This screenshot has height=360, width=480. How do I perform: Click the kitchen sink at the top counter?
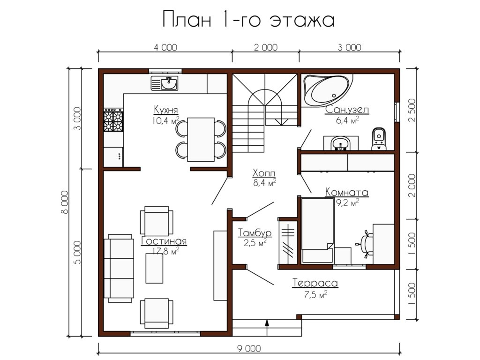click(x=165, y=83)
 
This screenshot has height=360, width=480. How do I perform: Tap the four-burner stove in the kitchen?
click(x=113, y=120)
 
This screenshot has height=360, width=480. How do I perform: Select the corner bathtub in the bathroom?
click(x=327, y=90)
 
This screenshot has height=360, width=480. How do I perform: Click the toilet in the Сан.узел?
click(x=379, y=139)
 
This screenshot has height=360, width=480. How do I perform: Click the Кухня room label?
click(x=165, y=110)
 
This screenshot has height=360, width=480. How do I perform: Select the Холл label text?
click(x=264, y=173)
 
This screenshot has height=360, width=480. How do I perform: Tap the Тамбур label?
click(x=255, y=233)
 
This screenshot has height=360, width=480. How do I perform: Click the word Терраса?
click(x=315, y=283)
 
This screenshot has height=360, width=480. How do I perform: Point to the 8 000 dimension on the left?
click(x=65, y=202)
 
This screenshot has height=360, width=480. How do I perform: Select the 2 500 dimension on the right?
click(x=412, y=110)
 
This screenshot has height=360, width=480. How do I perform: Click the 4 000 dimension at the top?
click(x=165, y=47)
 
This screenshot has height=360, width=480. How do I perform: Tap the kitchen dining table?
click(x=201, y=139)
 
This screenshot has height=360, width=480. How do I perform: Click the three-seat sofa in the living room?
click(x=119, y=269)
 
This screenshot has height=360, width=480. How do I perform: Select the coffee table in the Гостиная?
click(x=154, y=269)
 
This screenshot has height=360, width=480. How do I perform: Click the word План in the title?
click(x=187, y=20)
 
